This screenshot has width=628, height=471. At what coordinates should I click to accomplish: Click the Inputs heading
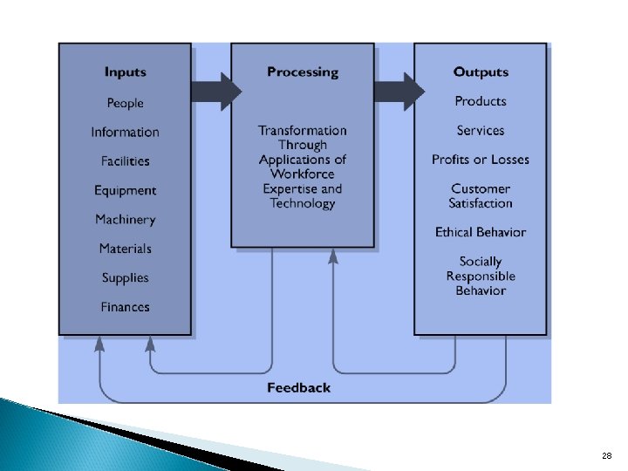coord(125,72)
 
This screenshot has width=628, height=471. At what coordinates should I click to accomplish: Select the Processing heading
coord(302,72)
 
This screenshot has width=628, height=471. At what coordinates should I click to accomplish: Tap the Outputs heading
coord(480,72)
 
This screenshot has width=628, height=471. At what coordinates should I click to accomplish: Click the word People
coord(125,103)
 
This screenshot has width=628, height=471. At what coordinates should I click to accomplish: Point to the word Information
coord(125,133)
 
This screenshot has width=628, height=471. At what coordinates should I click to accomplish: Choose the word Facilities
coord(125,161)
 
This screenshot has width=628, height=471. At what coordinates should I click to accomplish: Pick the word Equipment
coord(125,191)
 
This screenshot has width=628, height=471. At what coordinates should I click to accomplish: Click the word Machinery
coord(125,220)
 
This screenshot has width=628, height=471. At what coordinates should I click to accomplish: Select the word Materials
coord(125,249)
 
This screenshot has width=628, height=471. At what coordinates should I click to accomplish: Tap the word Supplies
coord(125,278)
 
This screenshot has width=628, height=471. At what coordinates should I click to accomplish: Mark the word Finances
coord(125,307)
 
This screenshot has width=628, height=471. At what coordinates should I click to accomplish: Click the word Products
coord(480,101)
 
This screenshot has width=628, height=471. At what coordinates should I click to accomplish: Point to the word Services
coord(480,131)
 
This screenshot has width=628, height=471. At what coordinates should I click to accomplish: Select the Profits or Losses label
coord(480,160)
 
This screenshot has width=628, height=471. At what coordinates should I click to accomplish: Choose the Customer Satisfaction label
coord(480,196)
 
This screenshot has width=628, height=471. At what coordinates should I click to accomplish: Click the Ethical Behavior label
coord(480,232)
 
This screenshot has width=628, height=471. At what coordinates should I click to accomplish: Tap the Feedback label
coord(298,387)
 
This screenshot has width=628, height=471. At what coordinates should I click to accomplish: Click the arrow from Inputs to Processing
coord(215,91)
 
